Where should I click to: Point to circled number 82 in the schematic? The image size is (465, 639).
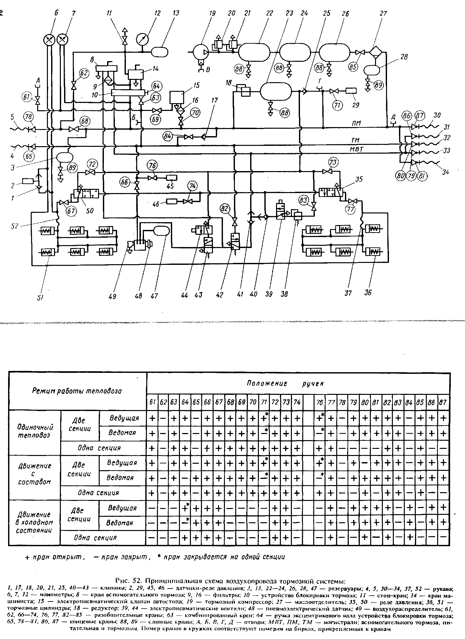[225, 209]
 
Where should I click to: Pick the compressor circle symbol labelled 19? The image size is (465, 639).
[200, 52]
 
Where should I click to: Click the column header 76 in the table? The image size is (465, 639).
[320, 403]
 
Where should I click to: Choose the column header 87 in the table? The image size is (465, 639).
[443, 403]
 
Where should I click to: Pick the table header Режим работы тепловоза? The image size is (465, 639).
[77, 391]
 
